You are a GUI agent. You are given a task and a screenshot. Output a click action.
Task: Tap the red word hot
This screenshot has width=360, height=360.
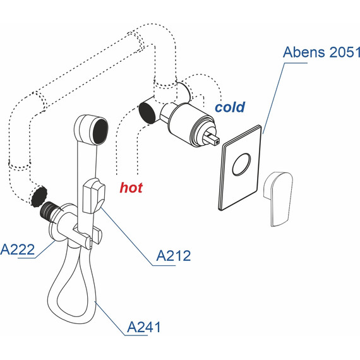click(x=131, y=187)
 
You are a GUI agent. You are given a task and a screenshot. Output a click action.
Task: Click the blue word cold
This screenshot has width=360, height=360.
click(x=229, y=107)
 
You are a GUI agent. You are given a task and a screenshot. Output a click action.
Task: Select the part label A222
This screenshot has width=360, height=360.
click(x=17, y=249)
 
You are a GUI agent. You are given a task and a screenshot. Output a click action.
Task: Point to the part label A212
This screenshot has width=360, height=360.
click(x=172, y=256)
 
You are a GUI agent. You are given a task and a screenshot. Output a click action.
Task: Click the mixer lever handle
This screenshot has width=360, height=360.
click(x=275, y=197)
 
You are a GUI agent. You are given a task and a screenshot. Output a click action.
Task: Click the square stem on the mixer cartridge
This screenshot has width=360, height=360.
click(x=214, y=137)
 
